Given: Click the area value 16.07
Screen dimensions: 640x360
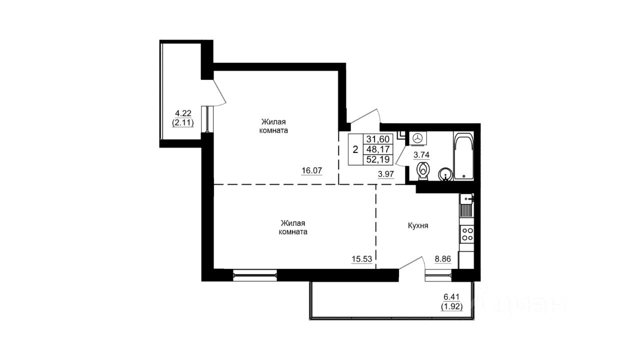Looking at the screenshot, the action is click(x=312, y=170).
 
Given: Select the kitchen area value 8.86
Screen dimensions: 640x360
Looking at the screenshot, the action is click(x=442, y=259).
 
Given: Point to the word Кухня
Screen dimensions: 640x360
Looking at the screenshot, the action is click(x=417, y=225).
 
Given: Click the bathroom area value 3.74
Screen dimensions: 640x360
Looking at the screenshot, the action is click(x=421, y=155).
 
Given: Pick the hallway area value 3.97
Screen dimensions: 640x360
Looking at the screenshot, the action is click(x=385, y=174).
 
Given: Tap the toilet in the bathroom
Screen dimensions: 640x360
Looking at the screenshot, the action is click(x=423, y=171).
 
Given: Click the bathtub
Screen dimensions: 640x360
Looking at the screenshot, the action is click(x=463, y=155).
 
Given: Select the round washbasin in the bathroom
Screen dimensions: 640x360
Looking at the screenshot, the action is click(x=445, y=174).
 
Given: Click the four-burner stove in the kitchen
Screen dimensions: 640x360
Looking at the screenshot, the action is click(x=467, y=234).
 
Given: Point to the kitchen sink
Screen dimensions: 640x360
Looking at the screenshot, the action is click(x=467, y=205).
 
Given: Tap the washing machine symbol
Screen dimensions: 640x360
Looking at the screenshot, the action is click(x=418, y=138).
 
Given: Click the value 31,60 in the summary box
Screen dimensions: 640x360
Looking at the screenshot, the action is click(x=378, y=139).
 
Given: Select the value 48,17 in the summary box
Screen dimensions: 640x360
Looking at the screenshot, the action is click(x=378, y=149).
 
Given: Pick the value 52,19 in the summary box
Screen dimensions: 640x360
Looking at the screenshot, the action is click(x=378, y=159).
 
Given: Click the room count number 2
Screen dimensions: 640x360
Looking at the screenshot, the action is click(x=355, y=149).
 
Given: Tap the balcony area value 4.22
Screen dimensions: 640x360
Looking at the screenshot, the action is click(x=183, y=113).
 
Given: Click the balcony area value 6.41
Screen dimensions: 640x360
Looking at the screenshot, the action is click(x=451, y=297).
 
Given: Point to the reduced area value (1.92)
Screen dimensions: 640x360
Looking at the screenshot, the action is click(x=451, y=306).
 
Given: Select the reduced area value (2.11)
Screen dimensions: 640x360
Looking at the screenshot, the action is click(x=183, y=123).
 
